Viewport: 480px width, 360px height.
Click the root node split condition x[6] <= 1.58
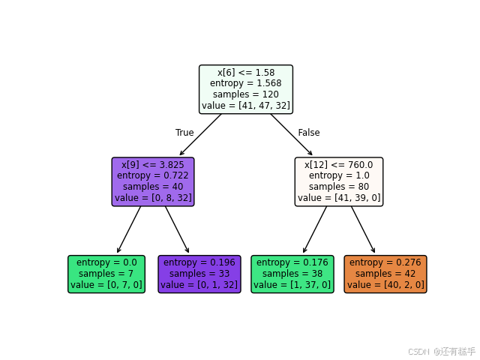click(x=246, y=72)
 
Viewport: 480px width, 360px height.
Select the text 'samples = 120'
click(x=246, y=94)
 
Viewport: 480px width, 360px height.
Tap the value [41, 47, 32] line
click(x=246, y=106)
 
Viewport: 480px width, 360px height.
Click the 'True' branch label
click(x=184, y=133)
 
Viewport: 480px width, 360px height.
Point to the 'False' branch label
click(x=309, y=133)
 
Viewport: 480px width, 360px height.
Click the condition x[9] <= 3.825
click(x=153, y=164)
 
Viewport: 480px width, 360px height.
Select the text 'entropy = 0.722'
click(x=153, y=175)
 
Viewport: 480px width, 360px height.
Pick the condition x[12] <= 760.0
click(x=339, y=164)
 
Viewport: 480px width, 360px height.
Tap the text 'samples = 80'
click(x=339, y=187)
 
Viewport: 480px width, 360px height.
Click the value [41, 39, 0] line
click(x=339, y=198)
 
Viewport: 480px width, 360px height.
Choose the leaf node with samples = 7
click(x=106, y=274)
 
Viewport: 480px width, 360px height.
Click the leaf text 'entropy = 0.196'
click(x=199, y=262)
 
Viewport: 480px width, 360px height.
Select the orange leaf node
click(x=385, y=274)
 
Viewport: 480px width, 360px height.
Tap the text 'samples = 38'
click(x=292, y=274)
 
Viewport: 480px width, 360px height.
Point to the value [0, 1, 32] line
click(x=199, y=285)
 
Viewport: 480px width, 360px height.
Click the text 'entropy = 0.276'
click(x=385, y=262)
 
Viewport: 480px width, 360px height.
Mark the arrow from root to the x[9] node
click(x=200, y=135)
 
